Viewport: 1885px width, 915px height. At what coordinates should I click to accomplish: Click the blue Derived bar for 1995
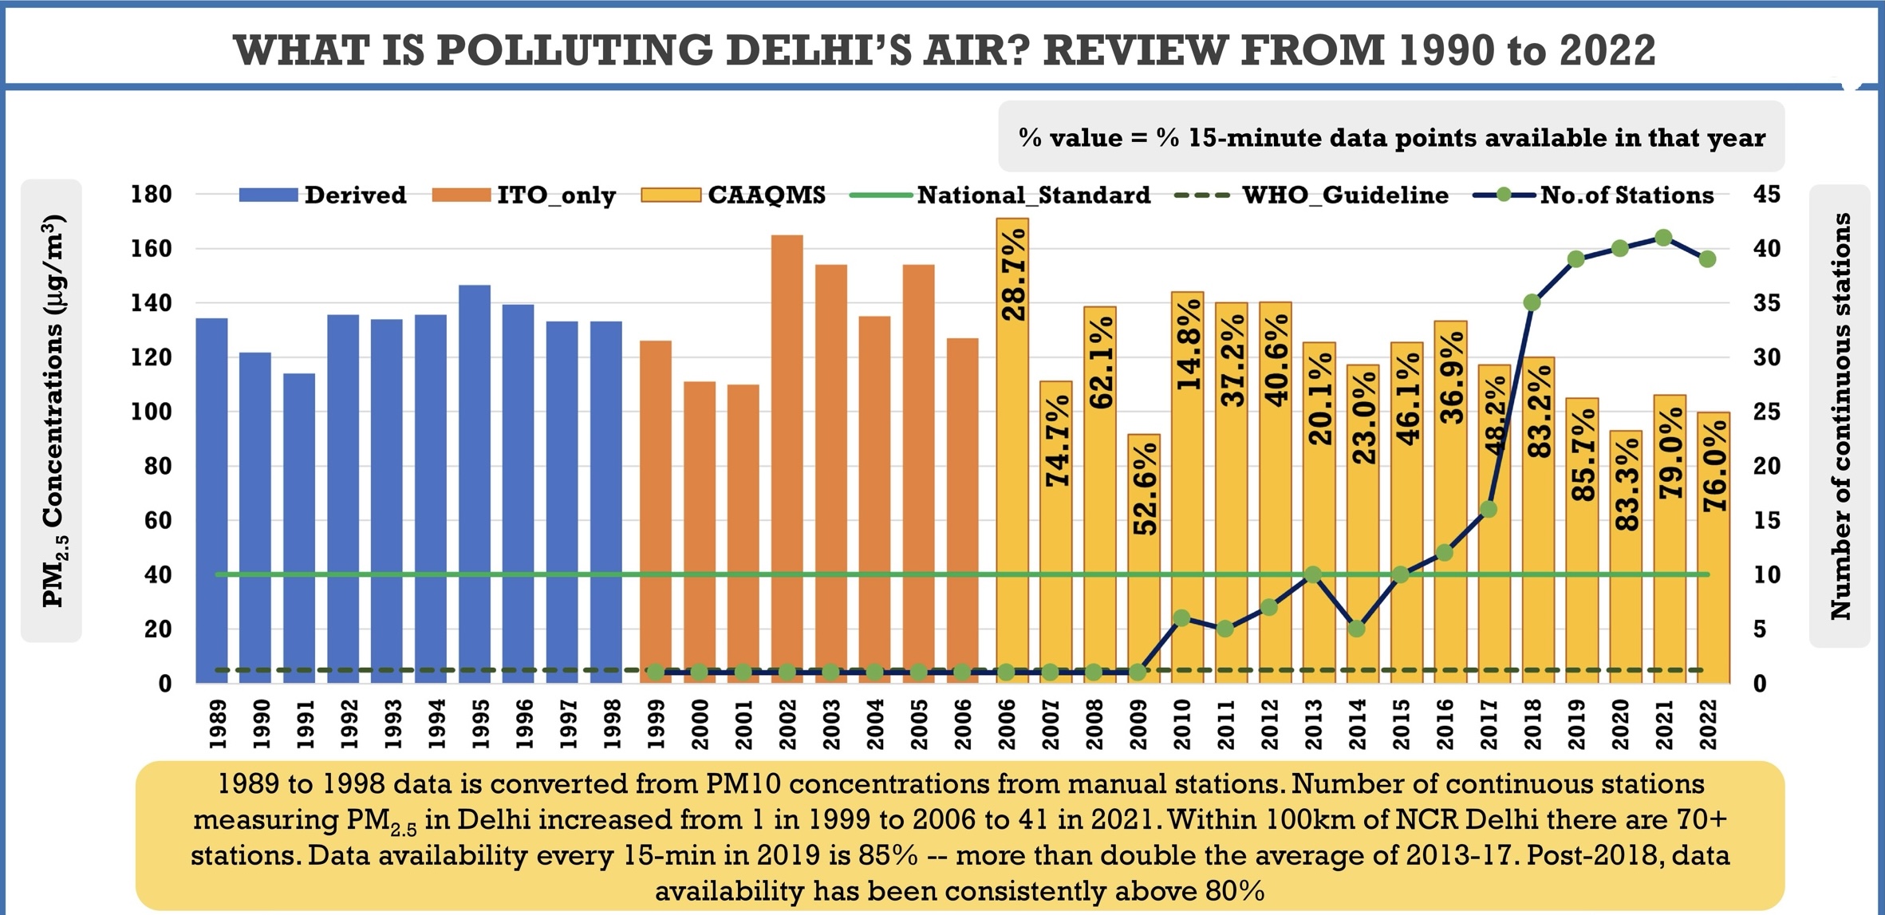(x=475, y=483)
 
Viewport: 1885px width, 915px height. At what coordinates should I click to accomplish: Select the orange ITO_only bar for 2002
(x=787, y=459)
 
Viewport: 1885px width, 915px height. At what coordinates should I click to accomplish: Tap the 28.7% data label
(x=1013, y=275)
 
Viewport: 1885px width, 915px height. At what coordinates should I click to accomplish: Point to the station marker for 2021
(x=1663, y=238)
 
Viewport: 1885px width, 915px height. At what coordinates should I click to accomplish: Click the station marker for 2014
(x=1357, y=629)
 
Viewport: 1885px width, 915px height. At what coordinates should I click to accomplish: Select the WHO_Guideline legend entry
(x=1312, y=195)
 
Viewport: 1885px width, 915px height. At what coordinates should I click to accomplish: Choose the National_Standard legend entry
(x=1001, y=195)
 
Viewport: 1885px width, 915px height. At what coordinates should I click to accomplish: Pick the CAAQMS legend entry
(x=734, y=195)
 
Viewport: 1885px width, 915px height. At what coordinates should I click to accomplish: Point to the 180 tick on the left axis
(x=152, y=195)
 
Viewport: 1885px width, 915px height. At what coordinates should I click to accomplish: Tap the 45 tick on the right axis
(x=1766, y=195)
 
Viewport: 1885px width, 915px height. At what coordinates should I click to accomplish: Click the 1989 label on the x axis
(x=218, y=724)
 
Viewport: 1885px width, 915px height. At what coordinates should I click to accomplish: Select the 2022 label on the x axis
(x=1707, y=724)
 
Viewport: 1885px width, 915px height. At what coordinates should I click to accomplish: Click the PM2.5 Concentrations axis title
(x=52, y=411)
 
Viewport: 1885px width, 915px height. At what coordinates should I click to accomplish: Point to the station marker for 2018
(x=1532, y=302)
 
